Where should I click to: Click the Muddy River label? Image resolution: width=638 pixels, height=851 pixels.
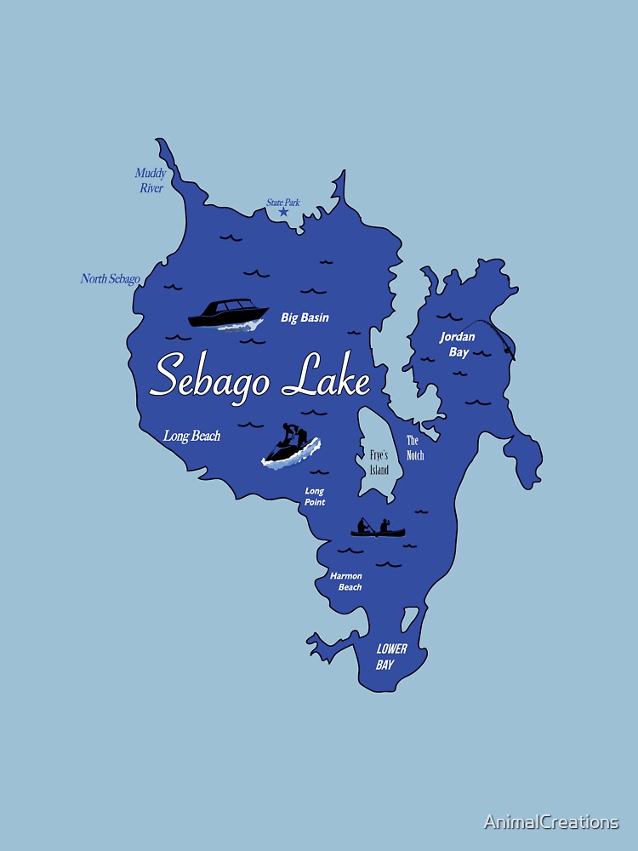pyautogui.click(x=151, y=180)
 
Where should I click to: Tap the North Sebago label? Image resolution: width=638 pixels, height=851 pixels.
pyautogui.click(x=110, y=278)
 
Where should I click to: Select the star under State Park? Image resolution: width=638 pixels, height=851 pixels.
pyautogui.click(x=283, y=211)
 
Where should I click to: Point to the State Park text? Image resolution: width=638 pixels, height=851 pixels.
pyautogui.click(x=282, y=203)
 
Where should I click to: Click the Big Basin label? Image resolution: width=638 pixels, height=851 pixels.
pyautogui.click(x=305, y=317)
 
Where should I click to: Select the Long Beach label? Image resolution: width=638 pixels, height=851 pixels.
pyautogui.click(x=191, y=436)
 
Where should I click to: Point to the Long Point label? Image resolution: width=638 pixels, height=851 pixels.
pyautogui.click(x=315, y=496)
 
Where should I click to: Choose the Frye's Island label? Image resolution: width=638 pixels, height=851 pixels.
pyautogui.click(x=379, y=462)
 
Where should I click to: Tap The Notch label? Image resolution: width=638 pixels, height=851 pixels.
pyautogui.click(x=414, y=448)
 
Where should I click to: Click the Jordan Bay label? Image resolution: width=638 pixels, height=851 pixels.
pyautogui.click(x=458, y=344)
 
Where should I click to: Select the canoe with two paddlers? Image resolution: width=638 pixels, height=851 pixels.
pyautogui.click(x=378, y=529)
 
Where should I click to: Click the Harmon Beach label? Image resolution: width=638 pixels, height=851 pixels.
pyautogui.click(x=346, y=581)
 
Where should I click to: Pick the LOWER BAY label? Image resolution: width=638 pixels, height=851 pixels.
pyautogui.click(x=391, y=656)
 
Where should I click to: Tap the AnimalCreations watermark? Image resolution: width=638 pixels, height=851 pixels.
pyautogui.click(x=550, y=821)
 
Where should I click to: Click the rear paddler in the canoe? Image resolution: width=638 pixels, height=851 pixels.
pyautogui.click(x=365, y=525)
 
